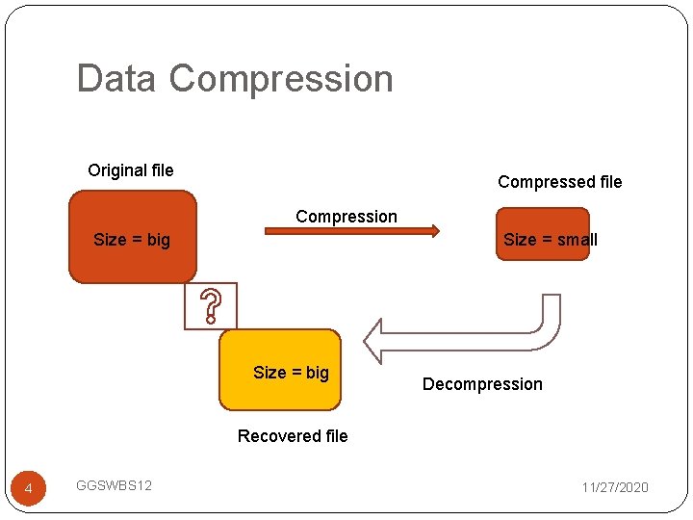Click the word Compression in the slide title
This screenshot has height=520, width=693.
point(281,79)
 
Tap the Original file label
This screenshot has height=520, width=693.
point(131,170)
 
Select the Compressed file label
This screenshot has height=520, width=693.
point(559,182)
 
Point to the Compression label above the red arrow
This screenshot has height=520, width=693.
point(346,217)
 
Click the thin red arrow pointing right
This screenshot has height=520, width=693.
point(352,231)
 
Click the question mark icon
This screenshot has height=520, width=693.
point(211,306)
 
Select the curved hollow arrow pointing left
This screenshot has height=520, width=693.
point(462,332)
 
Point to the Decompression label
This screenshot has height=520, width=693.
point(482,384)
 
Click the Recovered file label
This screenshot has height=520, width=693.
point(293,436)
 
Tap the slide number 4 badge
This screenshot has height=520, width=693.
point(28,490)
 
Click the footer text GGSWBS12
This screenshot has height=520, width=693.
point(114,485)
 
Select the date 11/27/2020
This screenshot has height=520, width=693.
point(615,487)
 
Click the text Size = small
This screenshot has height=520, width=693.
point(551,240)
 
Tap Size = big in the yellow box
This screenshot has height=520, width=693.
point(291,373)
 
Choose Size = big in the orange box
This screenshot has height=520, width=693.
point(132,240)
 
